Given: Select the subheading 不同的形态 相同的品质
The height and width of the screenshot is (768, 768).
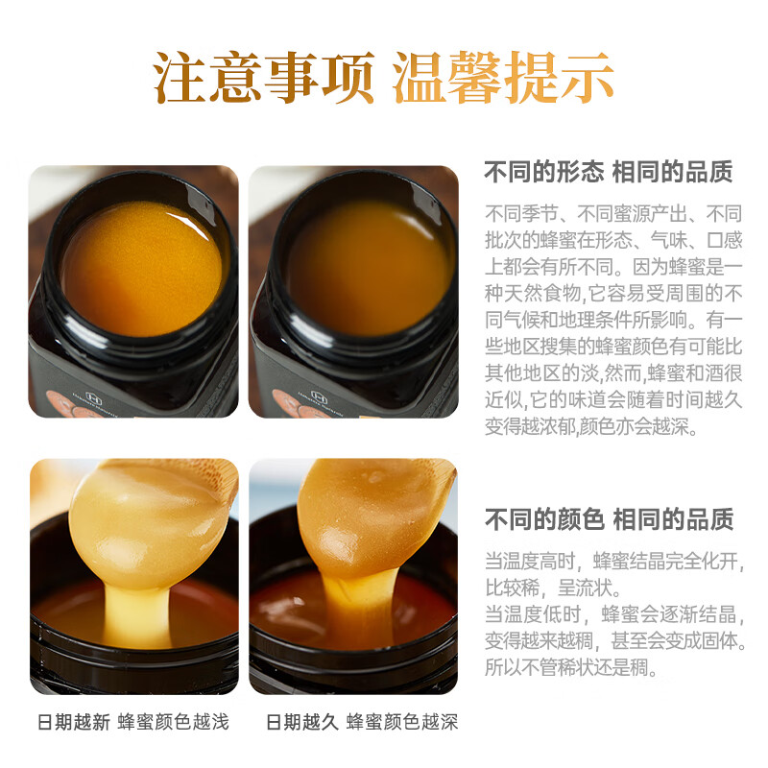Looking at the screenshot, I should click(609, 172).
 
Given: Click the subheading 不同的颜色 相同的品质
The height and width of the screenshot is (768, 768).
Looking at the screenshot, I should click(609, 519).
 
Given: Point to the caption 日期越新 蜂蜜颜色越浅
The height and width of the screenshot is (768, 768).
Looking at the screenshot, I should click(133, 722).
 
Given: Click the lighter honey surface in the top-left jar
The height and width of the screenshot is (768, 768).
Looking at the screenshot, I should click(141, 266).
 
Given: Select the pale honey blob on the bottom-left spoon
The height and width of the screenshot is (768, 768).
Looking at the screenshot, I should click(144, 518).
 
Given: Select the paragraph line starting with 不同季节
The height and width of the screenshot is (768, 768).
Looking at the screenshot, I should click(613, 213).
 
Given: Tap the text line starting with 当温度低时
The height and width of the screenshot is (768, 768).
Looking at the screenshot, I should click(613, 614).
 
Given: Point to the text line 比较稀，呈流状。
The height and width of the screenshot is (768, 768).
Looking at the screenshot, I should click(552, 588).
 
